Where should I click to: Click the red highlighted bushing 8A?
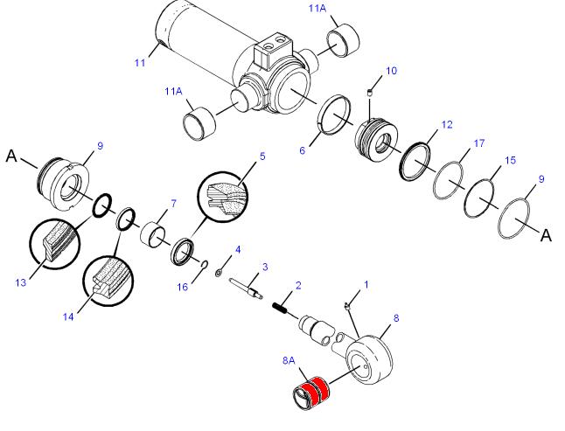[x=311, y=393]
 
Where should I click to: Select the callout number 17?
[x=479, y=143]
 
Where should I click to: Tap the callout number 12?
[x=446, y=125]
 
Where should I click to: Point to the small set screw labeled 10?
[x=369, y=94]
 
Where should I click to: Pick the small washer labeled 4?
[x=219, y=273]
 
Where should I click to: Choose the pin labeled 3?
[x=246, y=288]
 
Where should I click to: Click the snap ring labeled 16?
[x=203, y=265]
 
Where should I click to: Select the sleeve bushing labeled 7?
[x=152, y=236]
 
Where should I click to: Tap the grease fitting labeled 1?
[x=347, y=306]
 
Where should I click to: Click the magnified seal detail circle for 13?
[x=54, y=244]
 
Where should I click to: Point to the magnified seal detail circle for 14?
[x=108, y=282]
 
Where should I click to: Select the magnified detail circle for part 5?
[x=223, y=197]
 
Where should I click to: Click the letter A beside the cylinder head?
[x=11, y=156]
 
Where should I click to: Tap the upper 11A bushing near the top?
[x=343, y=39]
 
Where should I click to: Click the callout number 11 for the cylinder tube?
[x=140, y=63]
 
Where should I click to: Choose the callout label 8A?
[x=289, y=360]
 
